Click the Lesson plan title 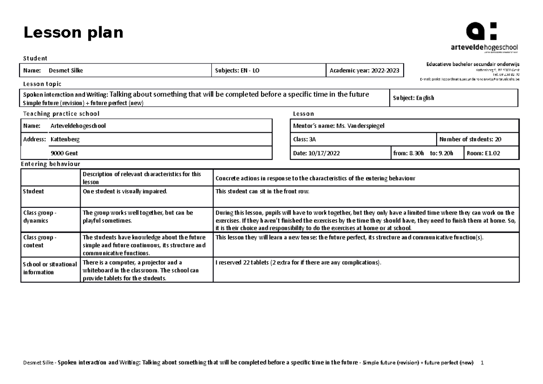click(x=73, y=33)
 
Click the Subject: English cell click(x=414, y=98)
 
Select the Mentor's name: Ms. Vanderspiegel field click(x=339, y=126)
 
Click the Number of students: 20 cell click(x=470, y=139)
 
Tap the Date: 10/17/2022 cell click(x=316, y=154)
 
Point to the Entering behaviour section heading click(x=51, y=164)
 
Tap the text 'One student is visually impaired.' click(x=124, y=192)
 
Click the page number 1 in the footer click(x=482, y=363)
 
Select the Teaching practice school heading click(x=61, y=114)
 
